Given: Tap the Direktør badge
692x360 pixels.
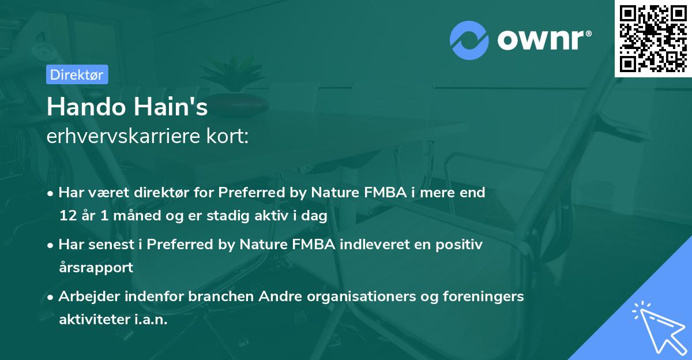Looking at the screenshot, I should point(77,74).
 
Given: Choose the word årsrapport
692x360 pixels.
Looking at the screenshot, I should point(96,268).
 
